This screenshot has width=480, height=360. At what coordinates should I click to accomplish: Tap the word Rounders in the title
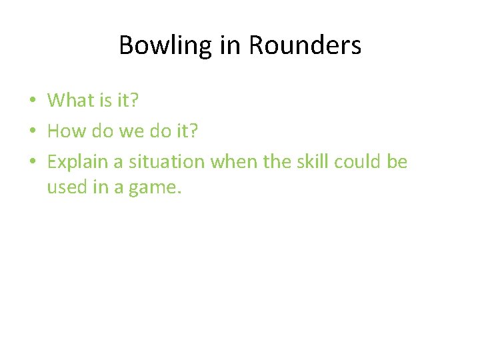305,46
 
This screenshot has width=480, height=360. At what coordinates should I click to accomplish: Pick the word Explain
75,162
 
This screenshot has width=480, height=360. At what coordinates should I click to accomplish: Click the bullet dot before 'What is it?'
32,101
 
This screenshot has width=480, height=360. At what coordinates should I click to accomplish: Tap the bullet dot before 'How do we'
32,131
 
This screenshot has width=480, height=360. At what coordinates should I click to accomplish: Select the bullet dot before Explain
32,163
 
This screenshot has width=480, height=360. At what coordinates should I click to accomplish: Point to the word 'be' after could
397,162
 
